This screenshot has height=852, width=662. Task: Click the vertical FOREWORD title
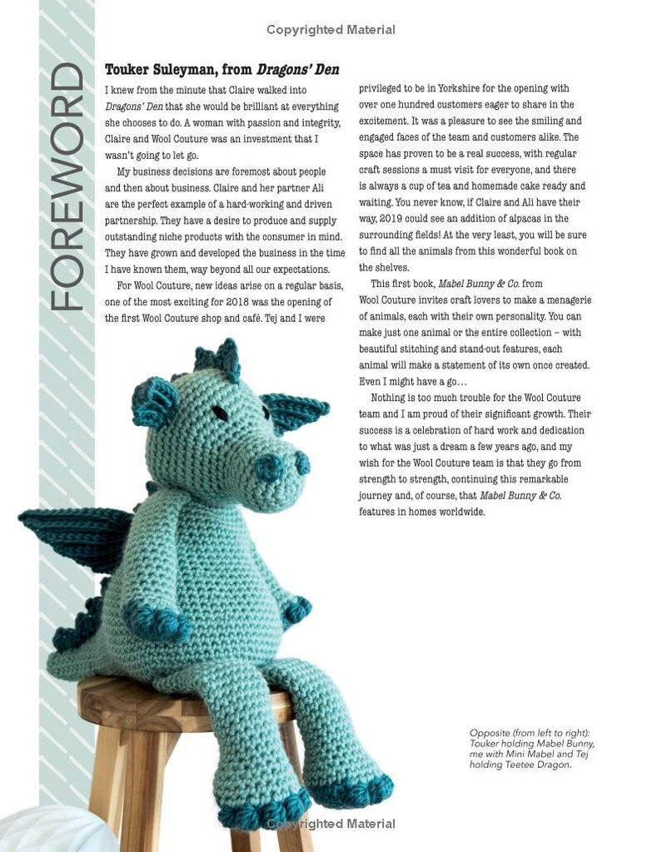click(67, 188)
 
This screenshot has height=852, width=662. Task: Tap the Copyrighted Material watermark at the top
click(331, 30)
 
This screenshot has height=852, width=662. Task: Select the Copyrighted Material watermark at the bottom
click(331, 824)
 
